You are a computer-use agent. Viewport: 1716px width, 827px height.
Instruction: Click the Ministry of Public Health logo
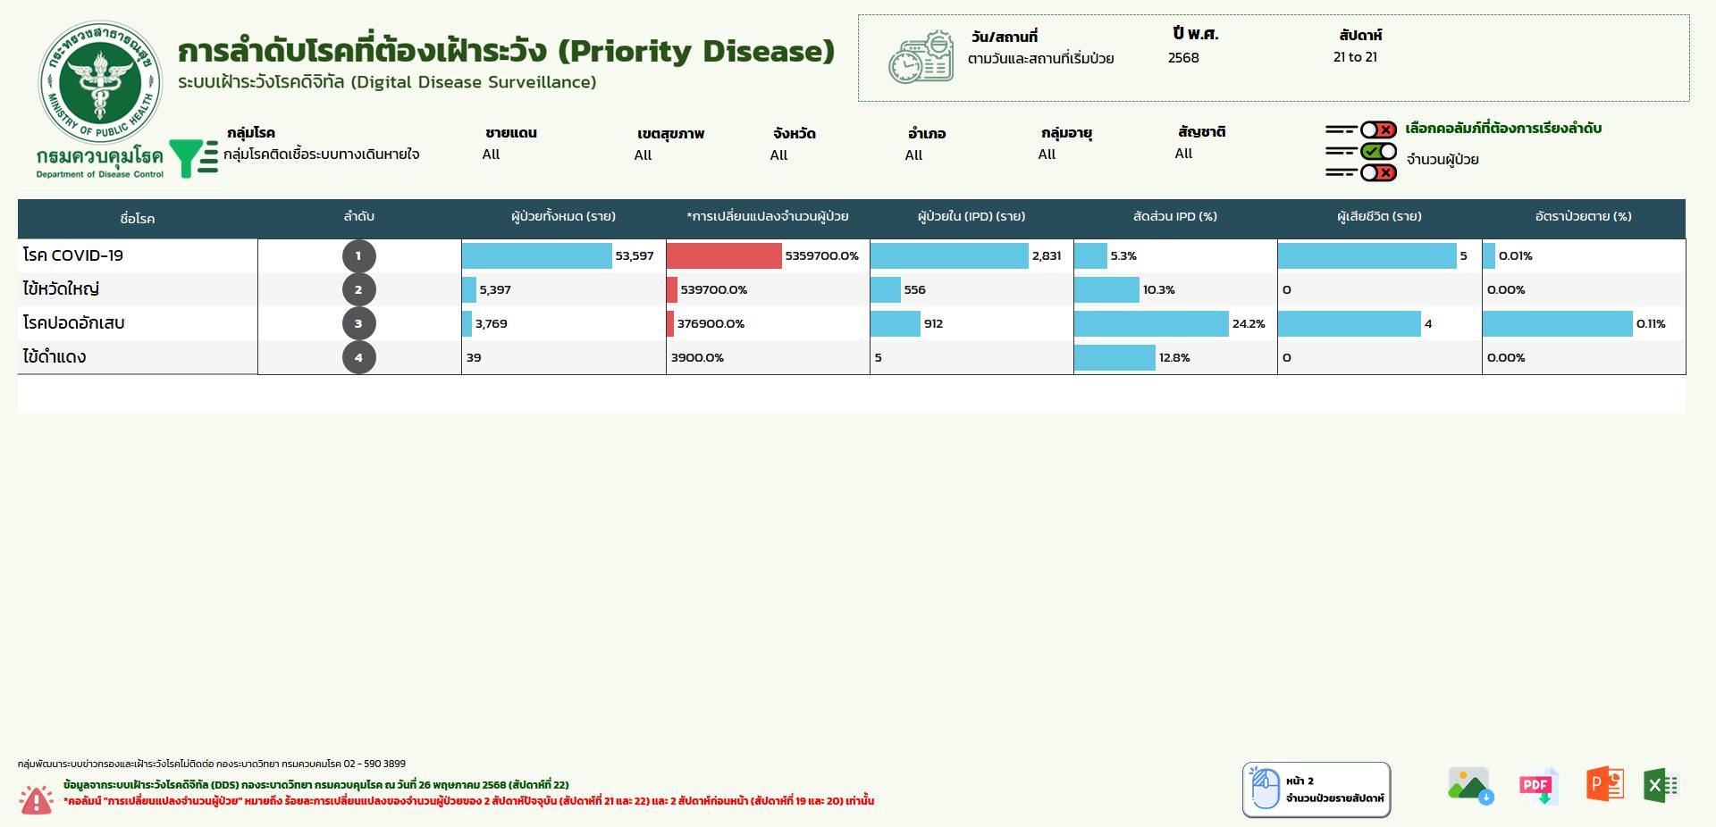coord(100,83)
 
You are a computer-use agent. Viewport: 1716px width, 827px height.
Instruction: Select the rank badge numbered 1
coord(358,256)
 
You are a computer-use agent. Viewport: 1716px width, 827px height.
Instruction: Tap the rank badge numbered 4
coord(358,357)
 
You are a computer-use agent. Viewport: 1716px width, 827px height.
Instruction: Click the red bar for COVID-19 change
coord(723,256)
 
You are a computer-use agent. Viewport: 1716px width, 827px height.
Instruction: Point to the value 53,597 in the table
coord(634,256)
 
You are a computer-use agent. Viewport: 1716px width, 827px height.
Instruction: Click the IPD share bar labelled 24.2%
coord(1151,323)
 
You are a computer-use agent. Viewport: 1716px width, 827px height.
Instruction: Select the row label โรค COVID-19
coord(73,255)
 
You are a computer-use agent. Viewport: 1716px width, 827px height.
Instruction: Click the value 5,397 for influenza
coord(495,290)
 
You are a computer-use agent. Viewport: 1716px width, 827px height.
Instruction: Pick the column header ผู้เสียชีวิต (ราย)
coord(1379,217)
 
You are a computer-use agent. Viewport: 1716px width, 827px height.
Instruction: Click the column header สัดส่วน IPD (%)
coord(1174,217)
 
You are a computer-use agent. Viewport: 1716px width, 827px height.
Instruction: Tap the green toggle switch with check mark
coord(1378,151)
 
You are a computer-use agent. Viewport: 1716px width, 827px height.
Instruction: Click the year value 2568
coord(1183,57)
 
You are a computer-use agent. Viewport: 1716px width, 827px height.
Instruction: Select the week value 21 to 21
coord(1355,57)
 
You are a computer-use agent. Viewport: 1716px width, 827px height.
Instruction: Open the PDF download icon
coord(1538,786)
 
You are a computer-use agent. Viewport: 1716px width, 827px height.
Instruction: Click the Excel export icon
coord(1661,786)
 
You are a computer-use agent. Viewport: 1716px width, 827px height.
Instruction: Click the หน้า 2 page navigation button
coord(1316,789)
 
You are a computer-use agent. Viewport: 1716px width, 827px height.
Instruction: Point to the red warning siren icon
coord(37,798)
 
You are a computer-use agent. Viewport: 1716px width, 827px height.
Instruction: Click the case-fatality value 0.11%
coord(1651,324)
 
